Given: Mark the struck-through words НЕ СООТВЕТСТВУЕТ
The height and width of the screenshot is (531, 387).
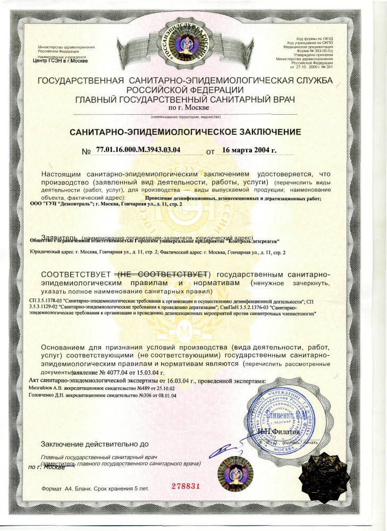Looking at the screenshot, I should coord(163,274).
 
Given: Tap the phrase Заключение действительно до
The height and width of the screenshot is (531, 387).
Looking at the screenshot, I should coord(95,444).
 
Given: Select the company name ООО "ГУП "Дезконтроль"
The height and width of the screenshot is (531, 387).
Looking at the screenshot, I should coord(62,204).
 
